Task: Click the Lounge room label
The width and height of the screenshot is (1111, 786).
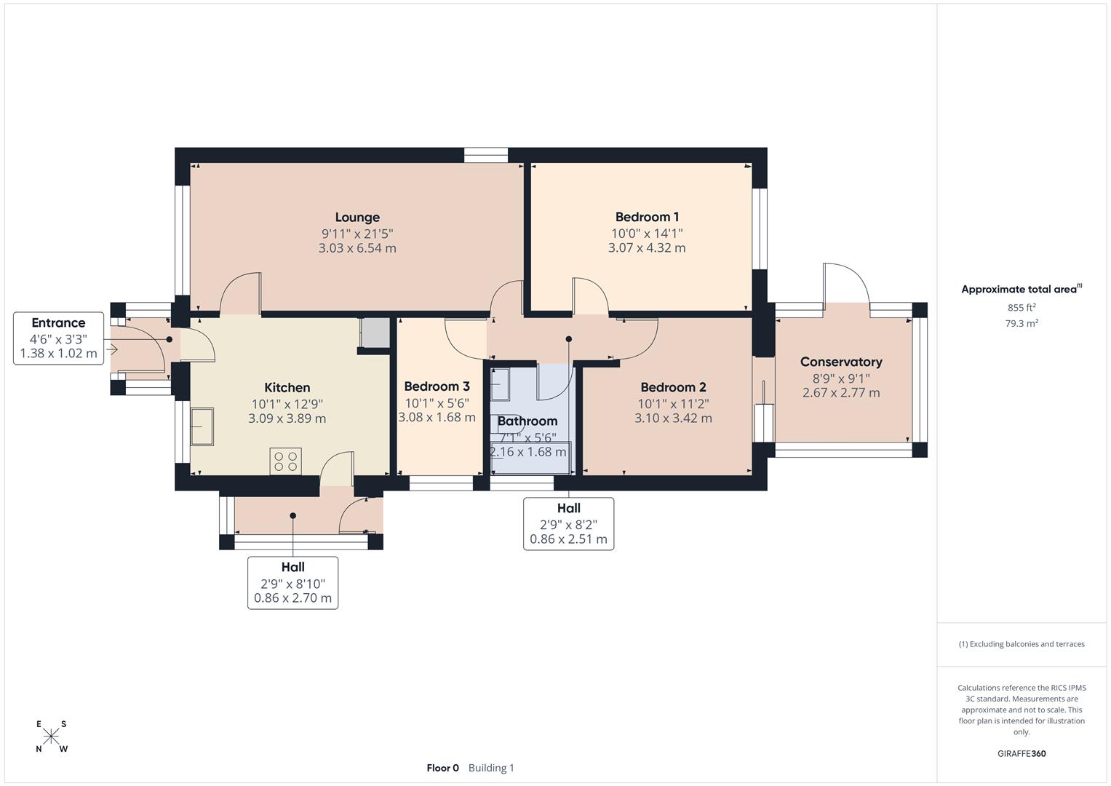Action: pyautogui.click(x=357, y=217)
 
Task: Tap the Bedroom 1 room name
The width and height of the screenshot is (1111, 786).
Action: pyautogui.click(x=647, y=217)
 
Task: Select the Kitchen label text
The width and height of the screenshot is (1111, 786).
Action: pyautogui.click(x=287, y=388)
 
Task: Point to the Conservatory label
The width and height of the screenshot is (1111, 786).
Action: pyautogui.click(x=841, y=362)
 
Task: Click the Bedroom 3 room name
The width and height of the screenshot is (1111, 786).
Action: pyautogui.click(x=437, y=386)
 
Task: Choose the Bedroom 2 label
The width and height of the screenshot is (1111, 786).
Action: pyautogui.click(x=673, y=387)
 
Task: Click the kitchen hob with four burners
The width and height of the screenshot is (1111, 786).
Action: pyautogui.click(x=285, y=461)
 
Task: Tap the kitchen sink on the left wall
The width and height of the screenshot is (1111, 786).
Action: pyautogui.click(x=202, y=426)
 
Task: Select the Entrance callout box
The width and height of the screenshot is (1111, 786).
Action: pyautogui.click(x=58, y=338)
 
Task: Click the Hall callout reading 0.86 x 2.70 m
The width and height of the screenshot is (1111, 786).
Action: pyautogui.click(x=292, y=582)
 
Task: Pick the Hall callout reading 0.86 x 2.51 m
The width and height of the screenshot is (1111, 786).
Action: pyautogui.click(x=568, y=523)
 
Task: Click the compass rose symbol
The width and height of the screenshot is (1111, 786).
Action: pyautogui.click(x=51, y=737)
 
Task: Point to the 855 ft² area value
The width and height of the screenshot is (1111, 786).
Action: pyautogui.click(x=1021, y=308)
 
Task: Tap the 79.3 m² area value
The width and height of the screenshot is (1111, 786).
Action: pyautogui.click(x=1021, y=324)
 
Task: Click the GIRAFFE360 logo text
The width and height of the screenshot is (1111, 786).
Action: pyautogui.click(x=1021, y=753)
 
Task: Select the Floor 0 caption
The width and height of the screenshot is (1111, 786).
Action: pyautogui.click(x=442, y=768)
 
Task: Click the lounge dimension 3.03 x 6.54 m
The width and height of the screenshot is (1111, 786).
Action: pyautogui.click(x=357, y=248)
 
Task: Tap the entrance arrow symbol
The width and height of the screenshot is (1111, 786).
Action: pyautogui.click(x=111, y=350)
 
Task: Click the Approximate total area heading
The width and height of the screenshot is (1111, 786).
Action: pyautogui.click(x=1021, y=289)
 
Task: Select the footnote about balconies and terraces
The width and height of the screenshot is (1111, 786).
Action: pyautogui.click(x=1021, y=644)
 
